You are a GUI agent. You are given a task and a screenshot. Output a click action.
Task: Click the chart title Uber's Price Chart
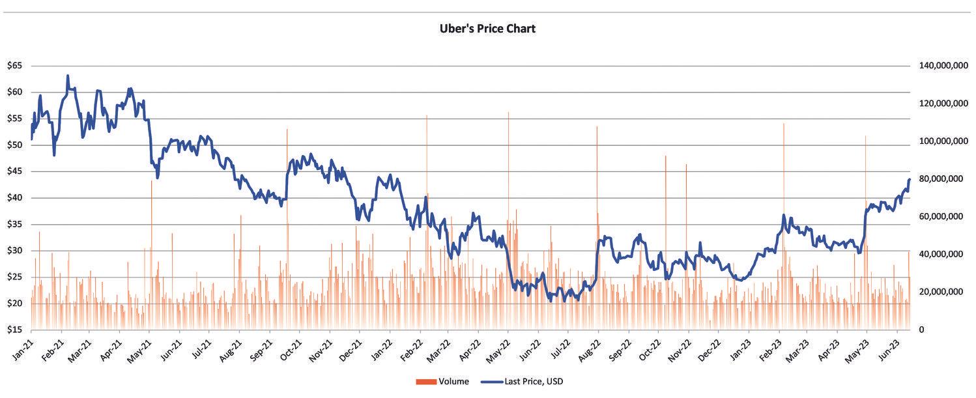[487, 29]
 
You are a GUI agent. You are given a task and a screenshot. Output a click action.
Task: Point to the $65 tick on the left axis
[15, 66]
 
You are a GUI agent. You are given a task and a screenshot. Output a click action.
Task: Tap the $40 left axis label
[15, 198]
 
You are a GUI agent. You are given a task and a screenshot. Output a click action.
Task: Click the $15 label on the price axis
[15, 330]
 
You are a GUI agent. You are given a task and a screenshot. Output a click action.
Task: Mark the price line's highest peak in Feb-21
[68, 76]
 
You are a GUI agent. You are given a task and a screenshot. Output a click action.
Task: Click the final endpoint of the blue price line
[909, 180]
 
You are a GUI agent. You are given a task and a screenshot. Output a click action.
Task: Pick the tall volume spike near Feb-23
[783, 124]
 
